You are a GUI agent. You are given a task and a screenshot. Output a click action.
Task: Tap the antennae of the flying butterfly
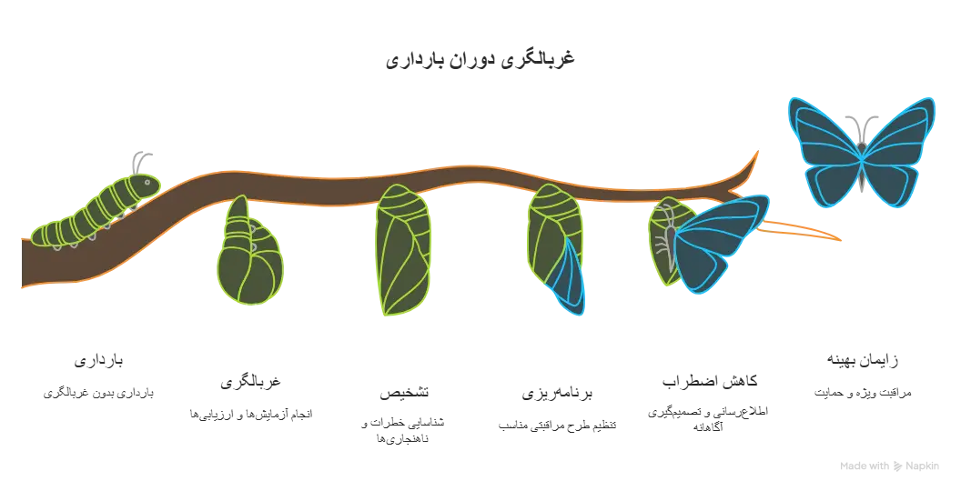tap(862, 123)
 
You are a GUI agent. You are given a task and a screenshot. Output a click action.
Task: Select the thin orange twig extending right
tap(810, 234)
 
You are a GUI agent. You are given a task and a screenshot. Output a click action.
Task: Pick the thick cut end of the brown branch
tap(27, 264)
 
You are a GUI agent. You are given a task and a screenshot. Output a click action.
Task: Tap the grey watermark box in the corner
tap(887, 465)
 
